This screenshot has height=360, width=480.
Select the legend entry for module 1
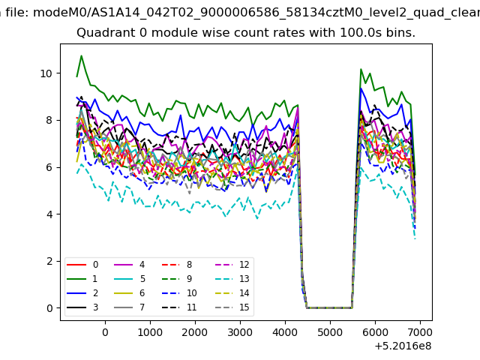point(82,279)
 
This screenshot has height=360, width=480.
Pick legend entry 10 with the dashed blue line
point(179,293)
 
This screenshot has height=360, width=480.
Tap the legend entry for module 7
point(129,307)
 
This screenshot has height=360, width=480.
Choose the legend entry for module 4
point(129,265)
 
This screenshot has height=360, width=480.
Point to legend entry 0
point(82,265)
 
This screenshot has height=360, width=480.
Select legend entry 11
point(179,307)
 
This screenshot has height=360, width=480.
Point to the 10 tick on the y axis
point(46,73)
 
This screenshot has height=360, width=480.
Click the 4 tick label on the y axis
point(49,214)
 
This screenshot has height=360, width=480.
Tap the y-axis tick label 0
point(49,308)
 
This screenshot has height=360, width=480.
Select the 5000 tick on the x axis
point(330,332)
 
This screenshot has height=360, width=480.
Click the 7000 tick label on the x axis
point(420,332)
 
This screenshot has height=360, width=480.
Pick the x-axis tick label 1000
point(150,332)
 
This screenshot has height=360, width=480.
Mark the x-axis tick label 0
point(105,332)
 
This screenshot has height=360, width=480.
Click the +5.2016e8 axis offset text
point(403,346)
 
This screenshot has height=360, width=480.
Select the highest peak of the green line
point(82,55)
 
